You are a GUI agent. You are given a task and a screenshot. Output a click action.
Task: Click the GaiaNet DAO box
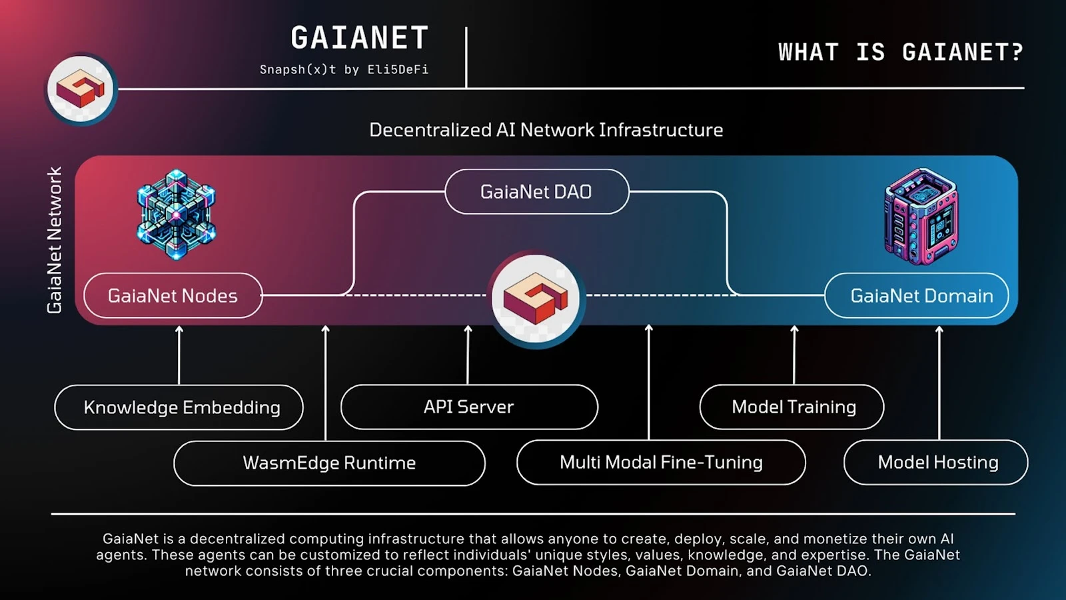coord(536,192)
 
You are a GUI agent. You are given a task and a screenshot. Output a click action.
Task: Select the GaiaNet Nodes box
coord(173,295)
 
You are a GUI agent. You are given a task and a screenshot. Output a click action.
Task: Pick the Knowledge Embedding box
coord(179,407)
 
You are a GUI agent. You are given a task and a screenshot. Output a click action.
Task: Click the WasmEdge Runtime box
coord(329,463)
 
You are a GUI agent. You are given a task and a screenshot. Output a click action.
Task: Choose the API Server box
coord(469,407)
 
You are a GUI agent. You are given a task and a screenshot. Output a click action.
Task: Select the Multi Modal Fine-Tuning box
coord(661,462)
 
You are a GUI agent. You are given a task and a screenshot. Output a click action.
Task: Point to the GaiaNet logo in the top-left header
coord(81,89)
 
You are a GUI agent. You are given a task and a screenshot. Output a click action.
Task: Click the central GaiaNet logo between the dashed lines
coord(536,298)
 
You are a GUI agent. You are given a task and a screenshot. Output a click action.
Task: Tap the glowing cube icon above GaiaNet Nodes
coord(176,214)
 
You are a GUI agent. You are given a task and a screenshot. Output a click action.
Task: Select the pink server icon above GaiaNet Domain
coord(920,216)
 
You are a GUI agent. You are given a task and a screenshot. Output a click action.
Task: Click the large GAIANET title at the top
coord(360,39)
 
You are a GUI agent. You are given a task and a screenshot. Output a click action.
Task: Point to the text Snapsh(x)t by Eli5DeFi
coord(344,69)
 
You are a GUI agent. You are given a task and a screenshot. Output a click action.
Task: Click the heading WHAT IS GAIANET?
coord(900,52)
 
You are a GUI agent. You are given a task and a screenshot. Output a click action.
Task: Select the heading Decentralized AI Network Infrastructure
coord(546,129)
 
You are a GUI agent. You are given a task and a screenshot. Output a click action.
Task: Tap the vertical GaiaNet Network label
coord(55,240)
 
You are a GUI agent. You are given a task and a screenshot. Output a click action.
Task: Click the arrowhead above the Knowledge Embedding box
coord(179,329)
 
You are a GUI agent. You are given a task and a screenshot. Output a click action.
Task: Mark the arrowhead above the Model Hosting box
coord(939,329)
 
